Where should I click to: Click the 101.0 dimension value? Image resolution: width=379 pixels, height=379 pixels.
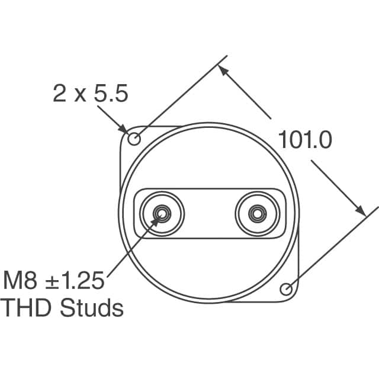point(305,140)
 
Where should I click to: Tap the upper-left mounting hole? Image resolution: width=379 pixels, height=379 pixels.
point(134,139)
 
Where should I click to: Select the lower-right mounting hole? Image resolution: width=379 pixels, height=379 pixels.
point(286,289)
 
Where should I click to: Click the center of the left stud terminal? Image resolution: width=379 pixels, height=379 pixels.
point(162,214)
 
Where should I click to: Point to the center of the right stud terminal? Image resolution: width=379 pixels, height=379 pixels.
point(258,214)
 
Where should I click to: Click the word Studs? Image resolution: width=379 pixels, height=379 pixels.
point(92,308)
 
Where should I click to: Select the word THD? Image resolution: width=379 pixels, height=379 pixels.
point(26,308)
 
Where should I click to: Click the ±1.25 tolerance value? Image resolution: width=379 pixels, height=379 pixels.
point(75,280)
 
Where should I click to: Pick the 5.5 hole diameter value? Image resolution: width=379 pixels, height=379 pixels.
point(111,94)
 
